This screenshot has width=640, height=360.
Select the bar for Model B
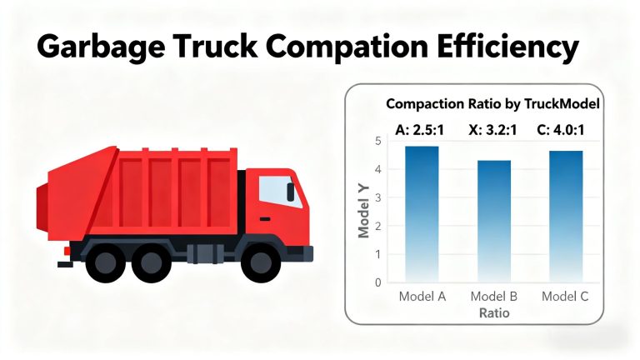tap(494, 221)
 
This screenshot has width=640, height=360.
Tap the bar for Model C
tap(565, 216)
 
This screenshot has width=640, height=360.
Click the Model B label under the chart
tap(494, 297)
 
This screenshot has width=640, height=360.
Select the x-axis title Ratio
tap(494, 313)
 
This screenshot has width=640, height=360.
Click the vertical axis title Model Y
tap(363, 212)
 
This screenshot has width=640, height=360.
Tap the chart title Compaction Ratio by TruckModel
tap(492, 104)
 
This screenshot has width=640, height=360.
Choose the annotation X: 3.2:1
tap(493, 129)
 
